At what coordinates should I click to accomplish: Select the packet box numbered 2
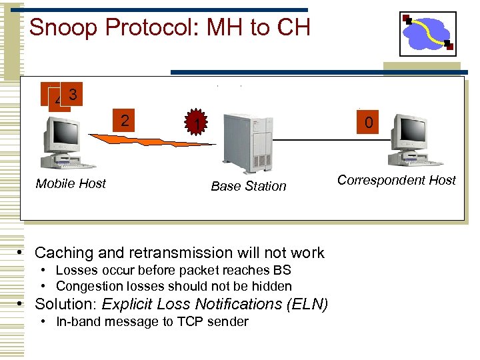[124, 120]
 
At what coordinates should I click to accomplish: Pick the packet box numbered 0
[368, 122]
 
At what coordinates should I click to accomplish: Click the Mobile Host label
[71, 183]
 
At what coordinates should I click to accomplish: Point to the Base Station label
[248, 186]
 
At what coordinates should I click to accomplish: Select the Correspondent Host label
[396, 180]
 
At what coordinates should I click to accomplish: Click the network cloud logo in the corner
[427, 33]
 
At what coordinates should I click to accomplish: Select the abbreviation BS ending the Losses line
[282, 270]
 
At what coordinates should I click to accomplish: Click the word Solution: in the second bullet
[64, 304]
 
